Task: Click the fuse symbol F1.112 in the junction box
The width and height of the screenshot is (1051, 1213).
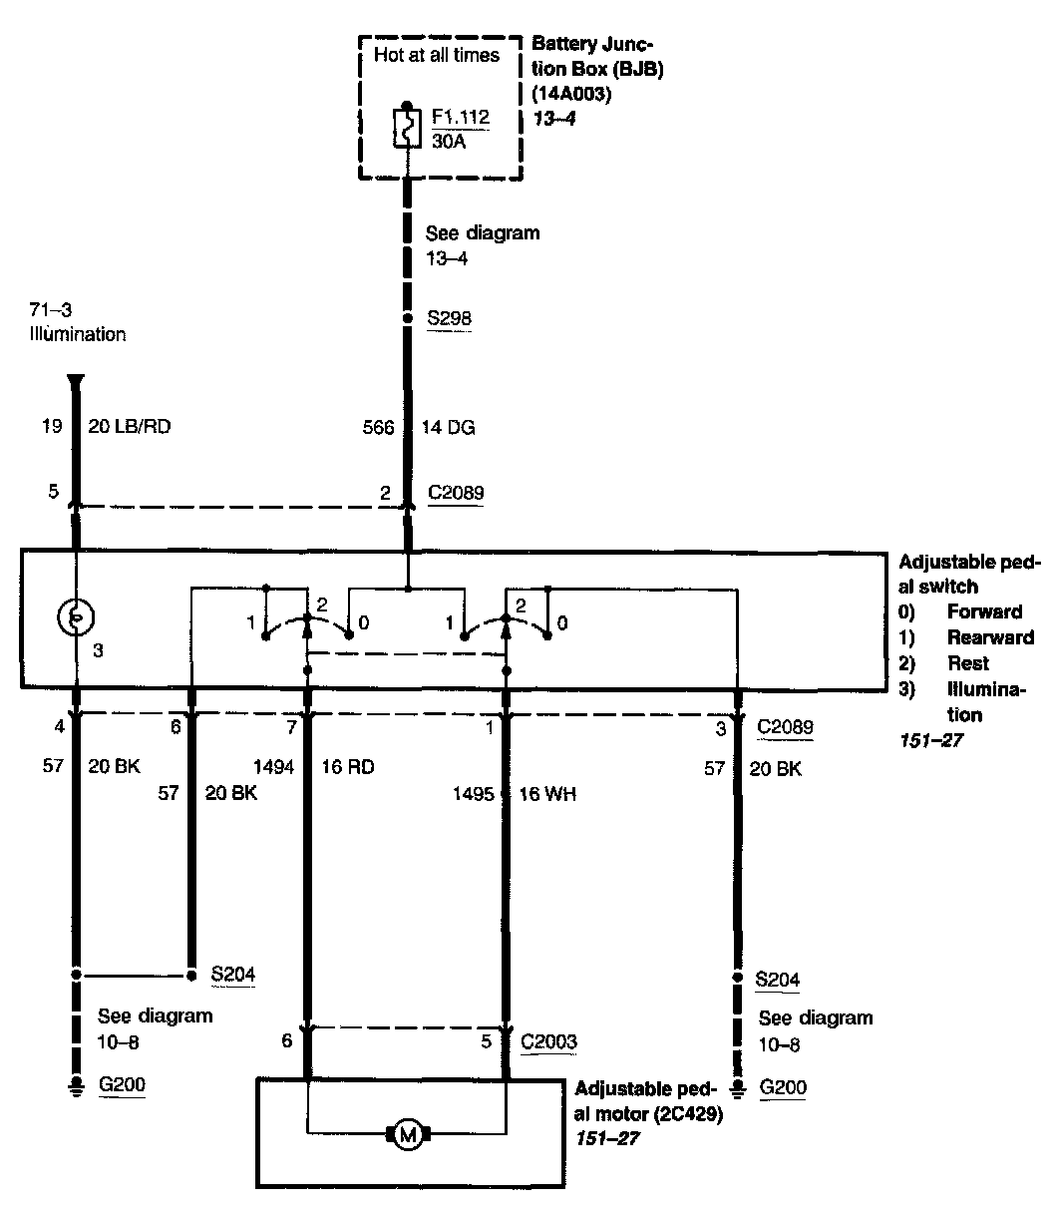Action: [407, 129]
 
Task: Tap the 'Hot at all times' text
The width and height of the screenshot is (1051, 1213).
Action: [436, 55]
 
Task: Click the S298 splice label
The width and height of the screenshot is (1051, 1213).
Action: [449, 319]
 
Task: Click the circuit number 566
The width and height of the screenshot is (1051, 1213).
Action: [378, 428]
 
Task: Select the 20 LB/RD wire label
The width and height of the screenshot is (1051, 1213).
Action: [138, 427]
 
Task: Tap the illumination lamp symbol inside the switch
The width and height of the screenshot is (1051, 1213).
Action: [75, 617]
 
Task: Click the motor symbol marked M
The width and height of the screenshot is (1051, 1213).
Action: [407, 1133]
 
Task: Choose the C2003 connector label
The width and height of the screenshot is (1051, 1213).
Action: [548, 1041]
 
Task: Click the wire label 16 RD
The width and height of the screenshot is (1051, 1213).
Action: [347, 767]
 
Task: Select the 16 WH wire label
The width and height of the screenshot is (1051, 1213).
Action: [547, 794]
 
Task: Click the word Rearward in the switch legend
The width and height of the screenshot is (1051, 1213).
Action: [990, 637]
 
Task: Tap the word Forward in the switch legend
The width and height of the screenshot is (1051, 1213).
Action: [984, 611]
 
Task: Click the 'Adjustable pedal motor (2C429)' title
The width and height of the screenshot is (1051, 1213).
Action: [648, 1100]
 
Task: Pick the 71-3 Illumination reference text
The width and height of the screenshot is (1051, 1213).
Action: [77, 323]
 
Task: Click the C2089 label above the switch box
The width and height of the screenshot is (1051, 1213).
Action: [456, 492]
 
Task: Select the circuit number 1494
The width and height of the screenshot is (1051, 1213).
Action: [274, 767]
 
